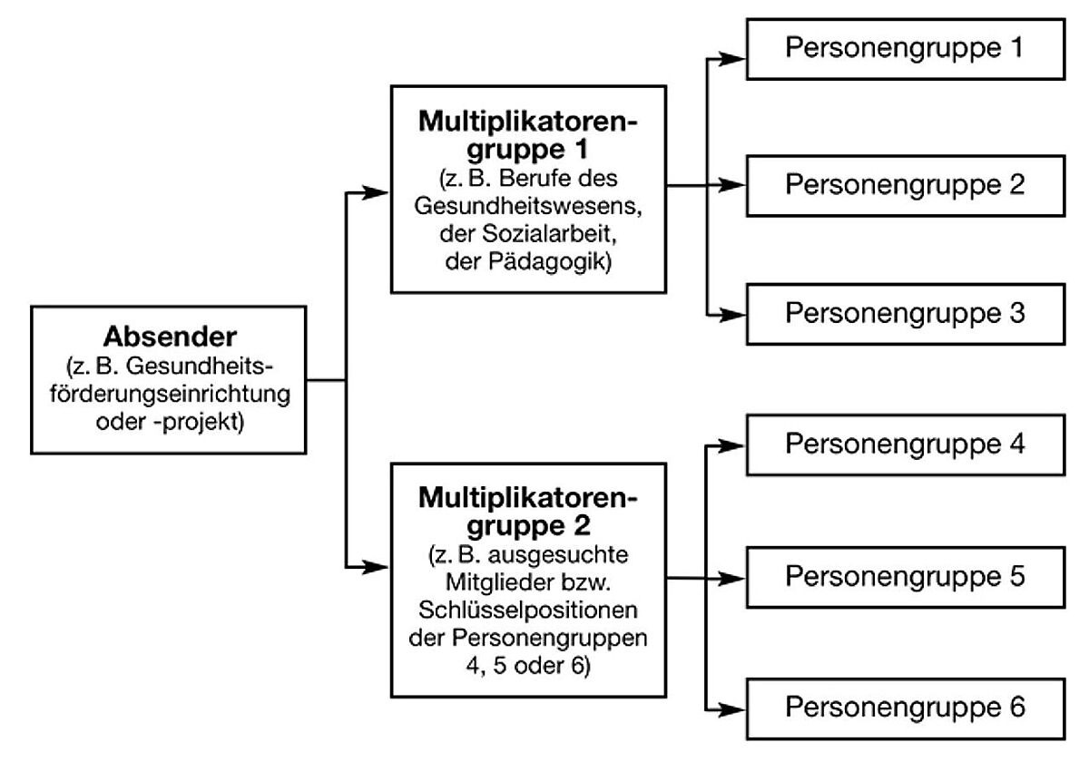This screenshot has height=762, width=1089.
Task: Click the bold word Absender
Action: point(171,337)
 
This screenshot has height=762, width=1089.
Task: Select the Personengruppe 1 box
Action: point(906,49)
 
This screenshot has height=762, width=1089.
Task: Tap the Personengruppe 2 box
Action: point(906,186)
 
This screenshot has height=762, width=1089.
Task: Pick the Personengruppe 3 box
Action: point(906,315)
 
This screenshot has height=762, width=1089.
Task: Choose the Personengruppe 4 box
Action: point(906,445)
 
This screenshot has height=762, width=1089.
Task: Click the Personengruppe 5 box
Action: point(906,577)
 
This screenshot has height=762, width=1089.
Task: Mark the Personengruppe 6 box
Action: point(906,709)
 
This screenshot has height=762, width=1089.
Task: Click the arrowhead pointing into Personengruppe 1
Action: point(731,59)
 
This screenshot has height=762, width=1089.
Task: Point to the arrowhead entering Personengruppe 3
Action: point(731,315)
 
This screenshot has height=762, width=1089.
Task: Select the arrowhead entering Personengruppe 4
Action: point(731,445)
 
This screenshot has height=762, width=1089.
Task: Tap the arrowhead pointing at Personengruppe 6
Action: point(731,710)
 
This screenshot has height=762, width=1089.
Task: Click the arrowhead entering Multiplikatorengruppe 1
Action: point(376,192)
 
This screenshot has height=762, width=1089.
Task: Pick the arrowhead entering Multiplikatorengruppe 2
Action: point(376,567)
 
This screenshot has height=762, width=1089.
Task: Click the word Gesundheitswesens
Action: point(528,206)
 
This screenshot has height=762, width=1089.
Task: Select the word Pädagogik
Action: point(550,262)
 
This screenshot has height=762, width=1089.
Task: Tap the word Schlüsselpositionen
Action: point(528,610)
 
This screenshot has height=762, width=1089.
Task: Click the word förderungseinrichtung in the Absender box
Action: point(171,394)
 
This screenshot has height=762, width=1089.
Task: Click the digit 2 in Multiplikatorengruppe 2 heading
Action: point(582,525)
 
